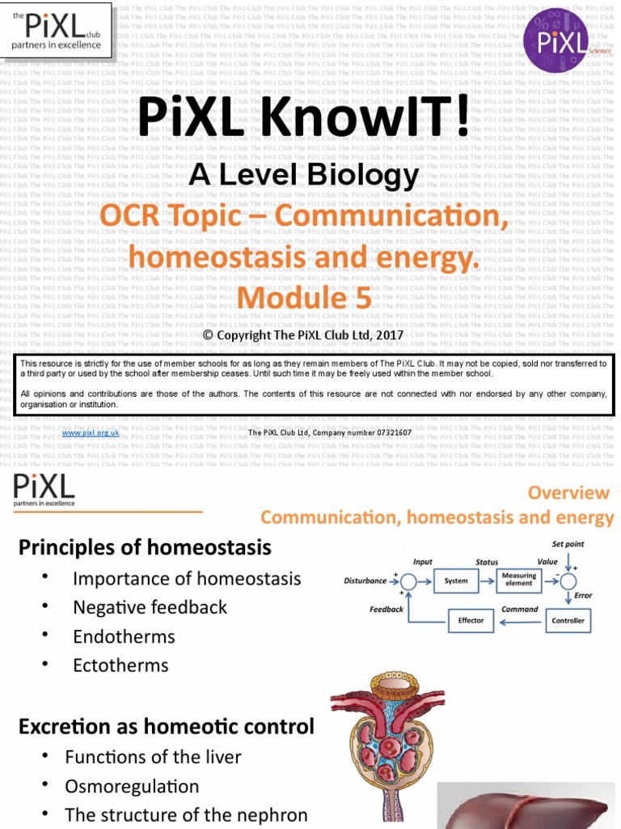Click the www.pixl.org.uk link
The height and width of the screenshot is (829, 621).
[x=91, y=433]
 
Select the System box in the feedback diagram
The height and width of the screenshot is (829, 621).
[x=456, y=580]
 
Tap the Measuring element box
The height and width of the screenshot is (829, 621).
[x=519, y=580]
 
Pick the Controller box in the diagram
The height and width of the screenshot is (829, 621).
[x=568, y=621]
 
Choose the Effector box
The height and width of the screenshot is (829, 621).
[x=471, y=621]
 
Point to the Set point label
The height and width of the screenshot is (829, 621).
[x=568, y=544]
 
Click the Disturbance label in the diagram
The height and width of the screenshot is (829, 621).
[x=365, y=580]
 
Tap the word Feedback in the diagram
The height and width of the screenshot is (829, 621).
[x=386, y=609]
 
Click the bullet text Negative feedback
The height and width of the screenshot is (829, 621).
[x=150, y=607]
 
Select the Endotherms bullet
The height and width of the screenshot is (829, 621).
[x=124, y=636]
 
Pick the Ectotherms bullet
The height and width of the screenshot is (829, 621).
[x=120, y=665]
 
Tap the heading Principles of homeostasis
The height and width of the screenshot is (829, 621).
[x=145, y=548]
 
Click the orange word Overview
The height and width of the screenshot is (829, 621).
[x=568, y=493]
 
